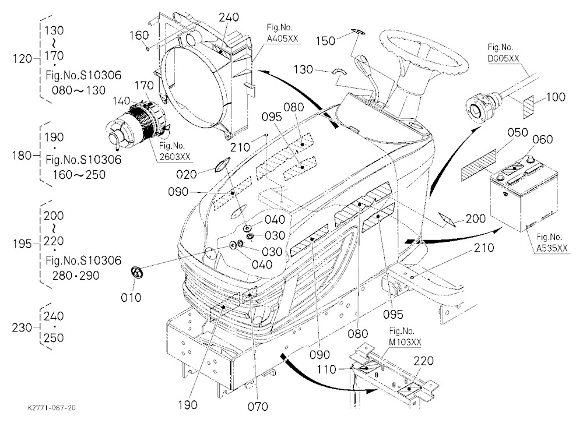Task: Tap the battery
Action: click(x=524, y=193)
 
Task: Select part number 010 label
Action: click(x=131, y=297)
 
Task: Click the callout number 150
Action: click(x=325, y=41)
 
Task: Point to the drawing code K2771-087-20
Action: click(x=52, y=408)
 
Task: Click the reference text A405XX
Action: click(x=283, y=38)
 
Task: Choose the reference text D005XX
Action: click(x=504, y=58)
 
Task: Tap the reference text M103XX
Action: click(x=405, y=341)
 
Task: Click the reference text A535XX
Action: click(x=552, y=248)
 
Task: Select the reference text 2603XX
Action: click(x=175, y=157)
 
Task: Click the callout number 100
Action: click(x=556, y=97)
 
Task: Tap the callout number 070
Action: click(x=258, y=407)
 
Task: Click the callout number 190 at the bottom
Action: click(x=187, y=405)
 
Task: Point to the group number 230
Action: click(x=22, y=327)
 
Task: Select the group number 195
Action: click(x=22, y=244)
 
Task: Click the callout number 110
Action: click(x=326, y=369)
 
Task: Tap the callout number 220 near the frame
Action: click(x=423, y=361)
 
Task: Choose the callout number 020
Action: click(x=187, y=174)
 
